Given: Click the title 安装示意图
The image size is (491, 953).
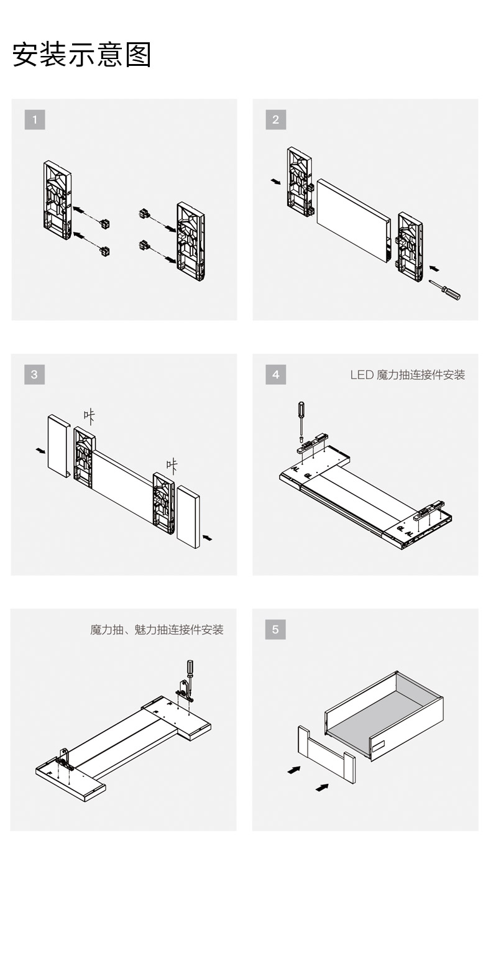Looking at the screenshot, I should click(x=82, y=55).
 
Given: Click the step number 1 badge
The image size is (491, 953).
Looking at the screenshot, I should click(x=35, y=119).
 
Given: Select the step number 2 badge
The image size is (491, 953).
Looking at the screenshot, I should click(x=275, y=119).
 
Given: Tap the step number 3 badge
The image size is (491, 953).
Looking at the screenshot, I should click(x=34, y=374).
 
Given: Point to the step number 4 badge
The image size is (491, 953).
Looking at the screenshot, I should click(x=275, y=374).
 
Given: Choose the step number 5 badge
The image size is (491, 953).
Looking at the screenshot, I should click(x=275, y=629).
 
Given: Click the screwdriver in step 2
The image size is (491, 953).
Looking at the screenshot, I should click(x=445, y=290).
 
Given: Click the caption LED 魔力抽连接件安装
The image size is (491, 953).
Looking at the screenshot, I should click(x=407, y=375).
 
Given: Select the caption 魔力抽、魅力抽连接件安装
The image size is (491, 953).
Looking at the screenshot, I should click(x=157, y=630).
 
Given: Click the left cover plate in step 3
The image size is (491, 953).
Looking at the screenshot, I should click(x=59, y=445).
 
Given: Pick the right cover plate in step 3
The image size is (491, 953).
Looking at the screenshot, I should click(x=188, y=516).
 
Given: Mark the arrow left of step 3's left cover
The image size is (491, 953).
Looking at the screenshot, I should click(x=40, y=449).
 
